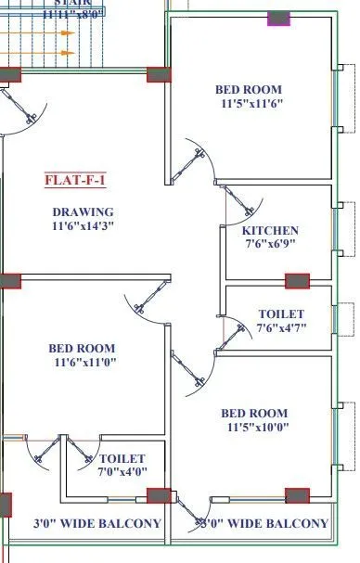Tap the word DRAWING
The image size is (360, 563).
pyautogui.click(x=83, y=211)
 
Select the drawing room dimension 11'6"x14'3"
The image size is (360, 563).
pyautogui.click(x=83, y=225)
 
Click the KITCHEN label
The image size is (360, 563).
pyautogui.click(x=270, y=231)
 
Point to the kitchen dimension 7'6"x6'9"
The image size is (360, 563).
pyautogui.click(x=270, y=245)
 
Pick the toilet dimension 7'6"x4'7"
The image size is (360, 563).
pyautogui.click(x=281, y=327)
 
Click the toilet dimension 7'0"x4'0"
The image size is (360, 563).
pyautogui.click(x=122, y=472)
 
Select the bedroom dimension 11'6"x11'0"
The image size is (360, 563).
pyautogui.click(x=83, y=363)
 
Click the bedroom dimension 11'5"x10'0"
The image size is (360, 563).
pyautogui.click(x=254, y=428)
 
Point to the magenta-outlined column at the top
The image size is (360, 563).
pyautogui.click(x=278, y=19)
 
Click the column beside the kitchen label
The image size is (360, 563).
pyautogui.click(x=296, y=279)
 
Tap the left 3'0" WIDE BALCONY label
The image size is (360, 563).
pyautogui.click(x=97, y=524)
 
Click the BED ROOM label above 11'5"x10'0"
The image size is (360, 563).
pyautogui.click(x=254, y=413)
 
